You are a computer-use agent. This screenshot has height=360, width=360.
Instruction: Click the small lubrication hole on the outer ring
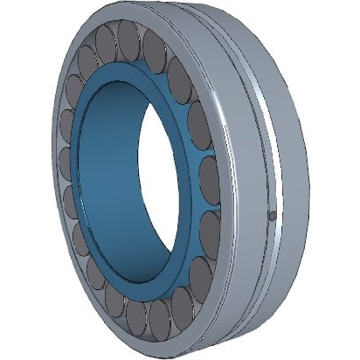point(272,215)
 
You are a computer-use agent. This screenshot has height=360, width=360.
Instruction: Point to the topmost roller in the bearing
point(128,39)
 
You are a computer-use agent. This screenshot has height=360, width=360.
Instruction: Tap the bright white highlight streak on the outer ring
point(278,149)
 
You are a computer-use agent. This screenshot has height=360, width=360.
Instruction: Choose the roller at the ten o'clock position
point(74,87)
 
